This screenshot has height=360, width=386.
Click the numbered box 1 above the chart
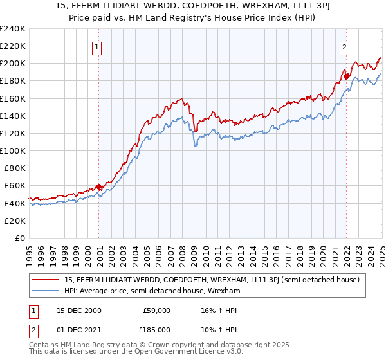click(x=96, y=47)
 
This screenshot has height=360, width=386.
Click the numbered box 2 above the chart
click(x=344, y=47)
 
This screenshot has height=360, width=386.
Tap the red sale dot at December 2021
click(x=346, y=76)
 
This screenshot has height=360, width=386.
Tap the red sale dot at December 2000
click(x=99, y=186)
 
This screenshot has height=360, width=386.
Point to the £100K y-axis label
click(x=12, y=150)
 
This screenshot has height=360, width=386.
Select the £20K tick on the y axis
click(x=14, y=221)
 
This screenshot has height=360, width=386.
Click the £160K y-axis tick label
click(x=12, y=98)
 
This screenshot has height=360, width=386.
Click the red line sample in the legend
click(x=46, y=279)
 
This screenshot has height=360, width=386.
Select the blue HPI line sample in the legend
click(x=46, y=291)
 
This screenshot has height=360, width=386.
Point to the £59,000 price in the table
click(x=156, y=310)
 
